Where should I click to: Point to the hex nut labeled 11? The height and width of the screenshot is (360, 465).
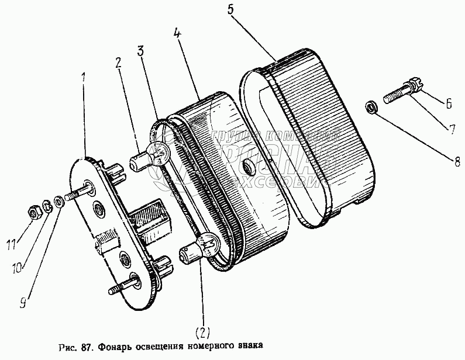(35, 210)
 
